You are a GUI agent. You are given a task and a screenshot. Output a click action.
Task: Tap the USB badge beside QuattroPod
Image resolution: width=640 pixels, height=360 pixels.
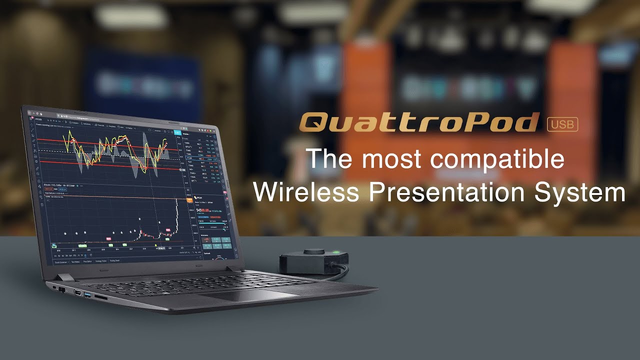(x=562, y=123)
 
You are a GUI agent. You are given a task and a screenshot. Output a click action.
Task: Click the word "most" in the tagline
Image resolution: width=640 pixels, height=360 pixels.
(x=385, y=159)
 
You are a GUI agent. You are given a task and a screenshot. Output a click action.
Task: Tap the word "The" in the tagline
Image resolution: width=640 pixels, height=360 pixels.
(x=330, y=159)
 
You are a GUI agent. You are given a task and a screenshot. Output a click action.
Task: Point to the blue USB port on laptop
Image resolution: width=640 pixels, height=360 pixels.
(x=88, y=296)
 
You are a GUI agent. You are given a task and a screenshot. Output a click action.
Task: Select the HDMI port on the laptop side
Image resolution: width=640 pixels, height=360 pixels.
(x=78, y=293)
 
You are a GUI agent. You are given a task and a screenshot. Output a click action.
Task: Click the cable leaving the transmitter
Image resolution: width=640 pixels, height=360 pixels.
(x=343, y=271)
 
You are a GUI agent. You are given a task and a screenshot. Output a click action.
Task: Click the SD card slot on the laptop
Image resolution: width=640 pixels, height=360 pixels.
(x=101, y=298)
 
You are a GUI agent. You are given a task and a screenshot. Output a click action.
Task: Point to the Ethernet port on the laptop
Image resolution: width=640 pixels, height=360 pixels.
(x=62, y=289)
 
